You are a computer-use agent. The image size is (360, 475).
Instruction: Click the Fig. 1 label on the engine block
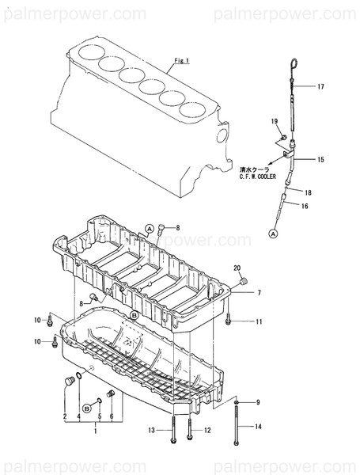pyautogui.click(x=182, y=61)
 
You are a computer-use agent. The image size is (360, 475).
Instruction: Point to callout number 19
pyautogui.click(x=275, y=121)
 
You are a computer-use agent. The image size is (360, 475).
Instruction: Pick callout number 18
pyautogui.click(x=308, y=192)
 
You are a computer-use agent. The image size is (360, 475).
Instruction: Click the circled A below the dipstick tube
pyautogui.click(x=271, y=234)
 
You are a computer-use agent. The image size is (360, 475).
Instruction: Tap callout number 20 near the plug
pyautogui.click(x=237, y=269)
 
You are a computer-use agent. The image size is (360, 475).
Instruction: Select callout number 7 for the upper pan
pyautogui.click(x=258, y=292)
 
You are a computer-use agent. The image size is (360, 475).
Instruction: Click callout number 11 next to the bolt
pyautogui.click(x=258, y=321)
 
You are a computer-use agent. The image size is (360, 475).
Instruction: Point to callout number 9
pyautogui.click(x=258, y=402)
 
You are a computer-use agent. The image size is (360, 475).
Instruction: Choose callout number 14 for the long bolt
pyautogui.click(x=258, y=427)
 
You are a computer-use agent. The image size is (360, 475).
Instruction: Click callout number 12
pyautogui.click(x=207, y=431)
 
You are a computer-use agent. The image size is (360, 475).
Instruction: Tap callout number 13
pyautogui.click(x=151, y=431)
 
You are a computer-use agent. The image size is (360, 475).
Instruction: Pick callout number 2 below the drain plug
pyautogui.click(x=65, y=416)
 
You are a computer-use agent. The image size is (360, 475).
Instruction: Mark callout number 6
pyautogui.click(x=111, y=416)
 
